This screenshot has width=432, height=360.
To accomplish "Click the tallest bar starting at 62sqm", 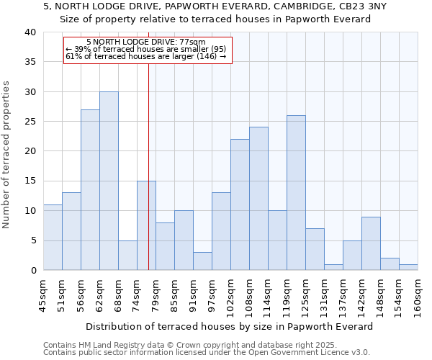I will point(109,181).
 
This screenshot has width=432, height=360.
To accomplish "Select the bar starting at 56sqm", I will point(90,190).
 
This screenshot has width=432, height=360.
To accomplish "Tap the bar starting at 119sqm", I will point(296,193).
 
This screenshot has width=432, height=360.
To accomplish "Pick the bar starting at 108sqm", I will point(258,199).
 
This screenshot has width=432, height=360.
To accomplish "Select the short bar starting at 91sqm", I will point(202,261).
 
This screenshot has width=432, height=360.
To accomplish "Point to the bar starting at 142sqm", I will point(371,243).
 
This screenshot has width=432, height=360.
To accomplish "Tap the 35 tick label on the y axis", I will point(30,62).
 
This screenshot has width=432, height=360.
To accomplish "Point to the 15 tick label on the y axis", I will point(30,181).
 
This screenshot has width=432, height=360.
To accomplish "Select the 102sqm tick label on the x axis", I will point(232,296).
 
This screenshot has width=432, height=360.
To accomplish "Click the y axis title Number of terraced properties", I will point(7,154).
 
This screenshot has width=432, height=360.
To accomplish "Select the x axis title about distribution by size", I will point(229,326).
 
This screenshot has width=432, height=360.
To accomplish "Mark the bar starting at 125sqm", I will point(315,249).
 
